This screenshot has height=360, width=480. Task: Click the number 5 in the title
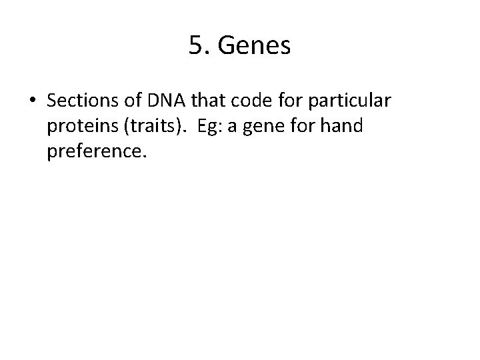click(195, 45)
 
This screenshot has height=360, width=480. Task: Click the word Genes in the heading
click(256, 46)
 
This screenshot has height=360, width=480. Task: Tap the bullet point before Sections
click(33, 101)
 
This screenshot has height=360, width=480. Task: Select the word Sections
click(81, 101)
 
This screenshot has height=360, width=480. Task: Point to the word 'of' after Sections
click(130, 101)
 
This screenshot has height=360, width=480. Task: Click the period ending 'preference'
click(141, 156)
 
